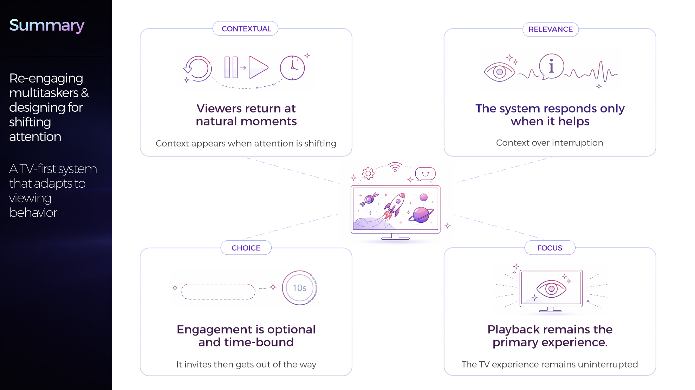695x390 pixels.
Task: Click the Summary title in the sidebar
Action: pyautogui.click(x=47, y=25)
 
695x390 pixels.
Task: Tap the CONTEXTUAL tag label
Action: pyautogui.click(x=246, y=29)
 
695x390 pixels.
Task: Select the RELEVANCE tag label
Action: pyautogui.click(x=551, y=29)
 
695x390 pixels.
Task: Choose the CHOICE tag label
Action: pyautogui.click(x=246, y=248)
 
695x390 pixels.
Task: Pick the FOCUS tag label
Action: pyautogui.click(x=550, y=248)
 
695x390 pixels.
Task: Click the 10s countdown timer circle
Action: pyautogui.click(x=299, y=288)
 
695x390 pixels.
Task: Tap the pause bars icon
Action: pyautogui.click(x=231, y=67)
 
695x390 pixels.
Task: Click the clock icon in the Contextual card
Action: pyautogui.click(x=292, y=68)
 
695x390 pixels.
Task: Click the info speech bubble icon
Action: pyautogui.click(x=552, y=66)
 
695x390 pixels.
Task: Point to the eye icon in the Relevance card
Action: pyautogui.click(x=499, y=72)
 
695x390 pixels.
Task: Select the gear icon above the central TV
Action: pyautogui.click(x=368, y=173)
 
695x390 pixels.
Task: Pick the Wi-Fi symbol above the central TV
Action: pyautogui.click(x=395, y=167)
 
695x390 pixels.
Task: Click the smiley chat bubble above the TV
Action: pyautogui.click(x=425, y=174)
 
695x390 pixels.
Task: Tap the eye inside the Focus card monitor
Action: pyautogui.click(x=551, y=289)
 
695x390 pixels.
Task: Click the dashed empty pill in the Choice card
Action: pyautogui.click(x=218, y=292)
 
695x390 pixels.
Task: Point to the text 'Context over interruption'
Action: pyautogui.click(x=550, y=143)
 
